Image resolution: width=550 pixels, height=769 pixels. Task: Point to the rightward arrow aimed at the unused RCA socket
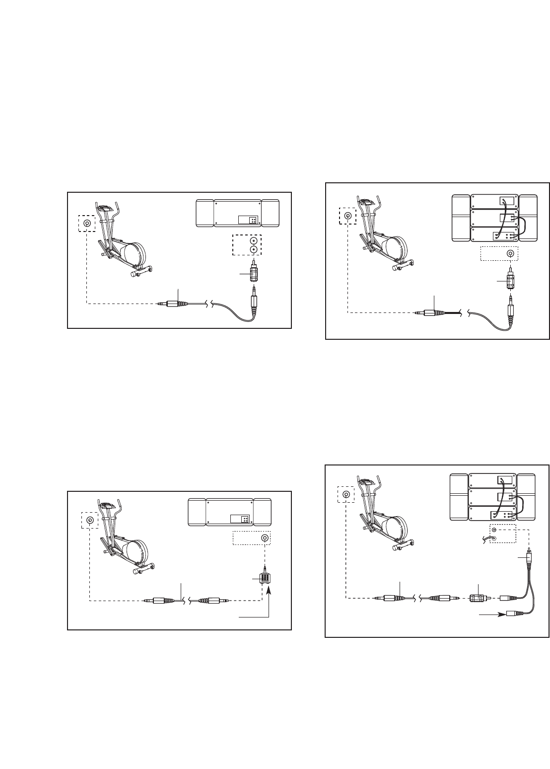tap(492, 615)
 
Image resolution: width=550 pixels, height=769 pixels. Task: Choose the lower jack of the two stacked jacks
tap(254, 251)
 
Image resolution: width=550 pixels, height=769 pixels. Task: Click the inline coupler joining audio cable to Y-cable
tap(477, 599)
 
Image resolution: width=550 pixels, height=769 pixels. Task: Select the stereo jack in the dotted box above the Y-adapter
tap(266, 538)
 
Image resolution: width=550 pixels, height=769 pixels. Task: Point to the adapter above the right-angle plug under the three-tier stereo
tap(510, 282)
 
